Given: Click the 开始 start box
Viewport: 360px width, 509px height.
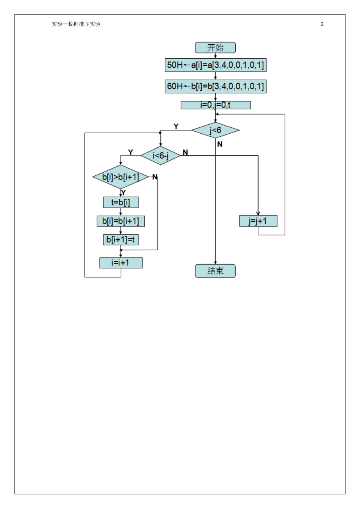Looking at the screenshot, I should point(215,48).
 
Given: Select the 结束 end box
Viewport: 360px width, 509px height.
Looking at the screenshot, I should point(215,271).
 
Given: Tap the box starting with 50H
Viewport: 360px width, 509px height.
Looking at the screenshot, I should point(215,65).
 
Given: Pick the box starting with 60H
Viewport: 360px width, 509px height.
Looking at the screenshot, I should point(215,86).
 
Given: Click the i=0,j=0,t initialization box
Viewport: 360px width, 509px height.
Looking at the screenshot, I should point(215,105).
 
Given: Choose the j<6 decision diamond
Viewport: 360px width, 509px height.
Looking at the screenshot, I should point(215,130).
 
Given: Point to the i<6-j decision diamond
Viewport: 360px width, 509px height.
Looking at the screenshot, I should point(161,155).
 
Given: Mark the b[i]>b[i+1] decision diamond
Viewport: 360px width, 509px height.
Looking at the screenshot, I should point(121,177).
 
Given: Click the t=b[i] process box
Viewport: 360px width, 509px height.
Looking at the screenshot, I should point(121,202).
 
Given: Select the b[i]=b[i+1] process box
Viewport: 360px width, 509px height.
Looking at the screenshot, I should point(121,221).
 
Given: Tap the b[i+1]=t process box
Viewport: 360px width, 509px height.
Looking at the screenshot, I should point(121,239).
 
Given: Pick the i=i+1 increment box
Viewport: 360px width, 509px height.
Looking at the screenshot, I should point(121,262).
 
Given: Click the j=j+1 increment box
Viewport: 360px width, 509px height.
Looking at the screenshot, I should point(258,221).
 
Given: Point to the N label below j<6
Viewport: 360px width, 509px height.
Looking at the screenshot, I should point(220,144).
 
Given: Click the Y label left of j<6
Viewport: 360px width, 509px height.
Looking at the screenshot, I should point(176,126).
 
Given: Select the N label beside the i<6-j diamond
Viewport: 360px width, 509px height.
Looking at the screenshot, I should point(185,152).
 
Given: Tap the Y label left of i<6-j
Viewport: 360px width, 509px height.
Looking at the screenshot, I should point(131,152).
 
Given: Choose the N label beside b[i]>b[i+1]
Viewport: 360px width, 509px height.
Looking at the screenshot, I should point(155,177).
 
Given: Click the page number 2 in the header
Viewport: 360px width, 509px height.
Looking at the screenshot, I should point(322,24).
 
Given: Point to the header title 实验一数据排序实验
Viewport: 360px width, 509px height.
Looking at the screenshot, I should point(76,24).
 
